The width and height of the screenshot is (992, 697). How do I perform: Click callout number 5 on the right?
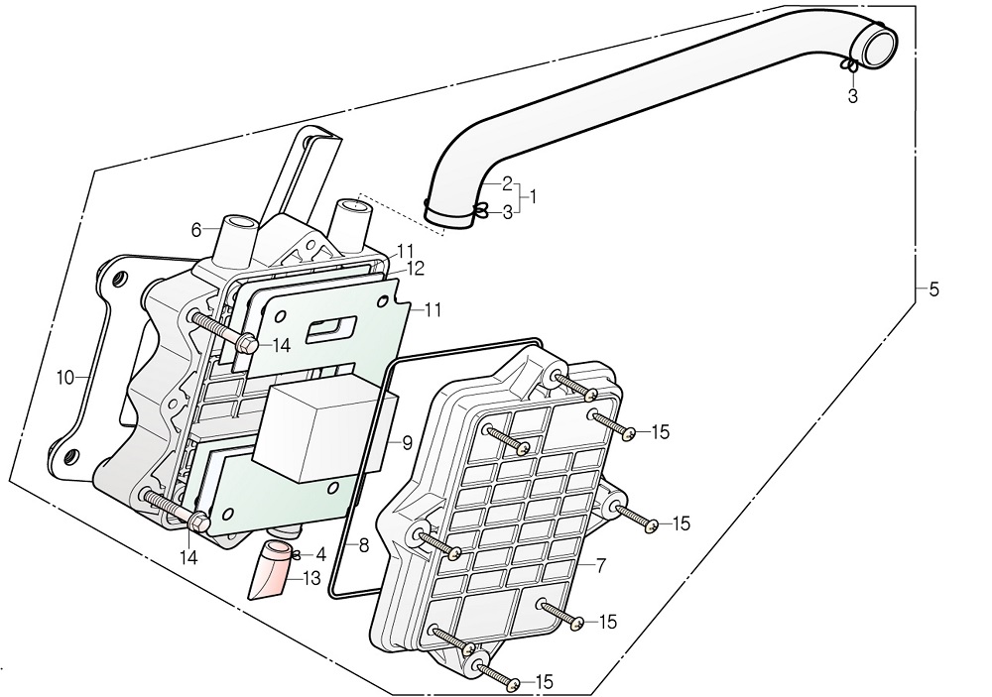click(x=933, y=290)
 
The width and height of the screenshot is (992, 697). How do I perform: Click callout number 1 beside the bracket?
click(x=533, y=197)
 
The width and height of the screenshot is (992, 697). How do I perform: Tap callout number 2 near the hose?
click(x=507, y=183)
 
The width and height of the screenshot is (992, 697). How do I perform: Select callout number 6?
click(x=196, y=230)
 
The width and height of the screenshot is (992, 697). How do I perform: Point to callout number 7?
click(x=601, y=565)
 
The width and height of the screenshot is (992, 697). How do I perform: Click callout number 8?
click(x=364, y=544)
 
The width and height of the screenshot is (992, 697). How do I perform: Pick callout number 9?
click(x=407, y=443)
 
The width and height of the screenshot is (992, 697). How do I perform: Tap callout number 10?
click(x=65, y=378)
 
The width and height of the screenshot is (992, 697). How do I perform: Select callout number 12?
click(x=415, y=268)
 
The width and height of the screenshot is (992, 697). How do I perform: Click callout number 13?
click(x=311, y=577)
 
